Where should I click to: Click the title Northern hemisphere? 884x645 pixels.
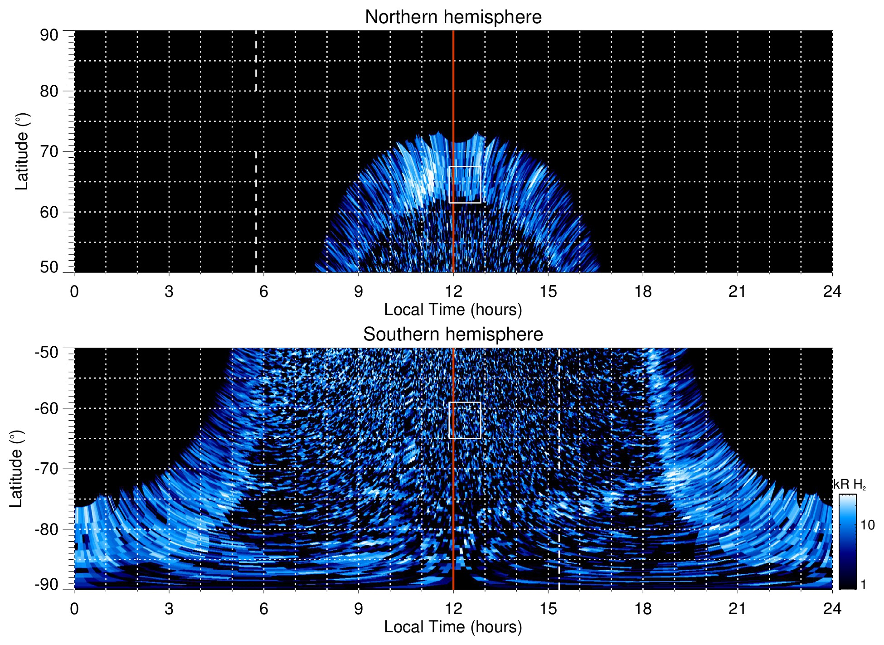(x=453, y=17)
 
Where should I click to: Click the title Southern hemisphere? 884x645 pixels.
(x=453, y=335)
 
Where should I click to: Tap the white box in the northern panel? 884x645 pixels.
(x=465, y=184)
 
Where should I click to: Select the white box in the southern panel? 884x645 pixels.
(x=465, y=420)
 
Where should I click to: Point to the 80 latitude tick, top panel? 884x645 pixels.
(x=49, y=91)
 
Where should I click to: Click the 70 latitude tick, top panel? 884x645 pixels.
(x=49, y=151)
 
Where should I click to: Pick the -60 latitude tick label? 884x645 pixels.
(x=47, y=408)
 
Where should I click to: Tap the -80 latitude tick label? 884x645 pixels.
(x=47, y=529)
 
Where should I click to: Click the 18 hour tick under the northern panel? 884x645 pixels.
(x=643, y=291)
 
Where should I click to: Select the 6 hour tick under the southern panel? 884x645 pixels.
(x=263, y=609)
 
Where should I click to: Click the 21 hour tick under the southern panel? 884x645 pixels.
(x=738, y=609)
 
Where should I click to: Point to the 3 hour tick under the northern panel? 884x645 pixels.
(x=169, y=291)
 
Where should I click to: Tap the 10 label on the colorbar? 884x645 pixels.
(x=867, y=525)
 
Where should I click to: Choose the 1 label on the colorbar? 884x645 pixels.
(x=863, y=585)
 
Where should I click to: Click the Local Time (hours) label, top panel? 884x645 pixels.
(x=453, y=310)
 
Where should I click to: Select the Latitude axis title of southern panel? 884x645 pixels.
(x=16, y=469)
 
